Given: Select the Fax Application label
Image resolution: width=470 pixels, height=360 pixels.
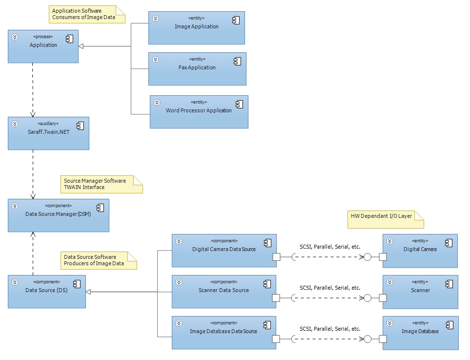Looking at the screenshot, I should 197,67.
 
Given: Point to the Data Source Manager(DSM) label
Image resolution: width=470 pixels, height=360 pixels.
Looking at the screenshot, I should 58,214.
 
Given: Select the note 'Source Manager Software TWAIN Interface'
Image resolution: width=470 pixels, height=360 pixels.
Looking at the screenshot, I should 101,184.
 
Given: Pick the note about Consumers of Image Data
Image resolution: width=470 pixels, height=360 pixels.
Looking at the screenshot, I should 85,14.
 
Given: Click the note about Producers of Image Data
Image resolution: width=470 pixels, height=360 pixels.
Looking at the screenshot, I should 98,260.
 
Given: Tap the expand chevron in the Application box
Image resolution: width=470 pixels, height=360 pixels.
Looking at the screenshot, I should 15,37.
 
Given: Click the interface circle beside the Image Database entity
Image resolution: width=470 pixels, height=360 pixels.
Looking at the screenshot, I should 368,339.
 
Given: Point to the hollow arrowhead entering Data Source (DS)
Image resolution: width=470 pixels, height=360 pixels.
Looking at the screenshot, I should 89,292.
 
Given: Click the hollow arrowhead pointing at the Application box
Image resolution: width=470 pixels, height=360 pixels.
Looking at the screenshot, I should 82,46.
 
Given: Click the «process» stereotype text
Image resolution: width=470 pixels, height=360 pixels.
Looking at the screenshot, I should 43,37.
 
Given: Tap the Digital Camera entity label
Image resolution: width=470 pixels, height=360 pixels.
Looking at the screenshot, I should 420,249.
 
